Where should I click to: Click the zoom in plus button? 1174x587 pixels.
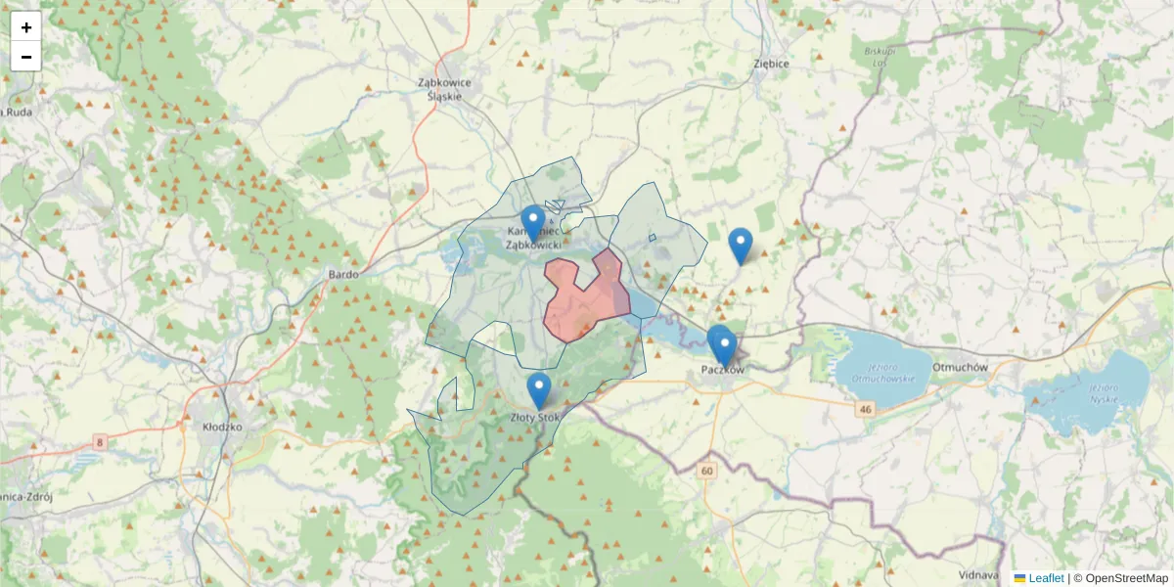pos(26,27)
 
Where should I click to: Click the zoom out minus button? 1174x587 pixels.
pos(26,57)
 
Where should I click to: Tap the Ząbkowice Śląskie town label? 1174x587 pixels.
pos(444,89)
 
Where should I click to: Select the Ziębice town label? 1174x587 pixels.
pos(771,63)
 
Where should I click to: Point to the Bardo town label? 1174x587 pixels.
pos(343,275)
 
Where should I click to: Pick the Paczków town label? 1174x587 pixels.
pos(723,370)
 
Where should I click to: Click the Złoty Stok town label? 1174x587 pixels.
pos(536,418)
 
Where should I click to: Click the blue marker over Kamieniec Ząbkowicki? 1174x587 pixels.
pos(532,224)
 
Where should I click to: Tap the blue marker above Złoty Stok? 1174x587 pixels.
pos(539,390)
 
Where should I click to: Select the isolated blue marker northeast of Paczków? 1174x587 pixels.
pos(741,246)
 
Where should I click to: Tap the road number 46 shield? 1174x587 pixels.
pos(865,409)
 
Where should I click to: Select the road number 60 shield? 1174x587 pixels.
pos(706,471)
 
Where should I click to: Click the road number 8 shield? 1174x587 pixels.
pos(100,443)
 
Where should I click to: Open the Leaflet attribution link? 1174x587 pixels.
pos(1045,578)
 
